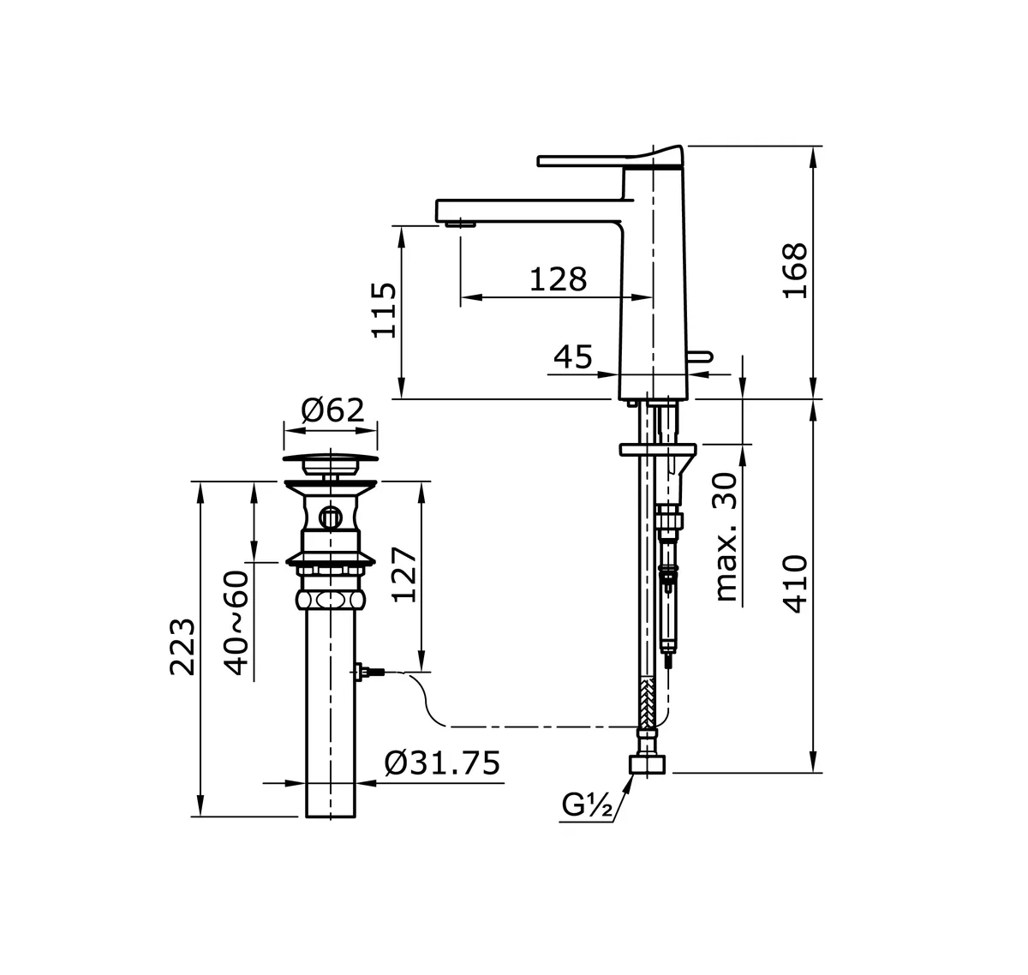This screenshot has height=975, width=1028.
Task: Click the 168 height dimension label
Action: coord(794,271)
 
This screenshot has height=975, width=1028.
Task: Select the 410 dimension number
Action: coord(794,583)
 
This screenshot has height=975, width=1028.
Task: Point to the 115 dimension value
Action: coord(383,310)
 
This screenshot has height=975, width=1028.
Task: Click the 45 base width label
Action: coord(572,357)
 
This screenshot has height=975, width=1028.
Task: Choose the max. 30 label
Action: coord(726,536)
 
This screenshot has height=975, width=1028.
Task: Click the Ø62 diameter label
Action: coord(332,410)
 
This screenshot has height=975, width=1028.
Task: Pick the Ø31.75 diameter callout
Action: coord(442,763)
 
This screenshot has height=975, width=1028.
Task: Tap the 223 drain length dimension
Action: coord(182,647)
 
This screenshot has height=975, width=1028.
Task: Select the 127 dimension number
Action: coord(403,574)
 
